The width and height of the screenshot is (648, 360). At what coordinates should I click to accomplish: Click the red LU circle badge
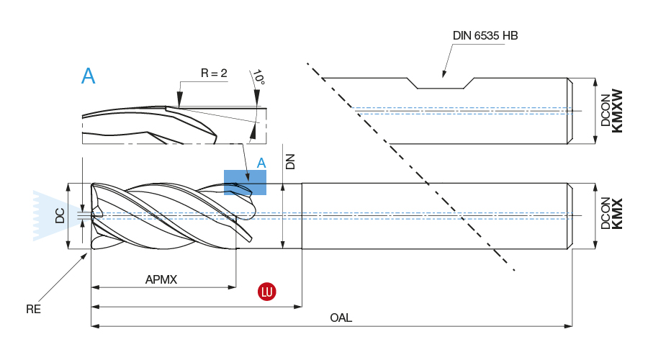click(x=268, y=292)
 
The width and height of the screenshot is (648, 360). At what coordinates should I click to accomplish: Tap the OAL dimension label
click(x=341, y=318)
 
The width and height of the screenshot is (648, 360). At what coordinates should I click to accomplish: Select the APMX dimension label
click(x=161, y=279)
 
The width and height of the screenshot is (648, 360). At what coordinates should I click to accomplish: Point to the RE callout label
click(x=33, y=310)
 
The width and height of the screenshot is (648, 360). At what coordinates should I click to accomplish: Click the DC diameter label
click(x=60, y=215)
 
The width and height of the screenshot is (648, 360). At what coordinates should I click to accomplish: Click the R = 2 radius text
click(x=214, y=73)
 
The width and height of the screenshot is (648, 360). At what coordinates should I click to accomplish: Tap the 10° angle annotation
click(x=258, y=78)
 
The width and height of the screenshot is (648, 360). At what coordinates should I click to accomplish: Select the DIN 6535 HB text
click(x=485, y=36)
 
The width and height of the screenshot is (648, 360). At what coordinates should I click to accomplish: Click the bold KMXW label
click(x=616, y=110)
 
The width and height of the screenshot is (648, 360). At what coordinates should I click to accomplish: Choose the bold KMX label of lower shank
click(x=616, y=214)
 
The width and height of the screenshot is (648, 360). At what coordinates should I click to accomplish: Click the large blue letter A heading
click(x=88, y=76)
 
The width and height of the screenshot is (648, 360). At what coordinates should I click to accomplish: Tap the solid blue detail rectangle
click(x=245, y=182)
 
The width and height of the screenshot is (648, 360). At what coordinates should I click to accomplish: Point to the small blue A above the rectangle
click(x=261, y=163)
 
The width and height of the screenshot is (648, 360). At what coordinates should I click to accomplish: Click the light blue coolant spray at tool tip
click(x=47, y=215)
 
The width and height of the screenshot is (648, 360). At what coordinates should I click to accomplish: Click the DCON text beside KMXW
click(x=605, y=112)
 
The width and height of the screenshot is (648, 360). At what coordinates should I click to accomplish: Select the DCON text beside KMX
click(x=605, y=214)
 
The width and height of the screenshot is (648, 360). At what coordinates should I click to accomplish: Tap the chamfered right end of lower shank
click(x=570, y=216)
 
